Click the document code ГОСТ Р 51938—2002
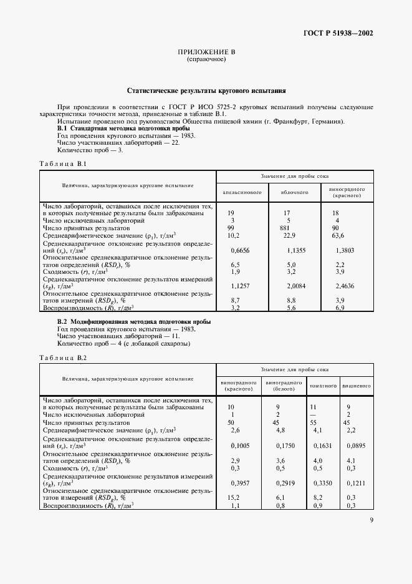coord(339,34)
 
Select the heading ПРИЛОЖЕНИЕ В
coord(206,52)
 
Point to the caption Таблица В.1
coord(63,163)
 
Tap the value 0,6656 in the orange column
coord(240,250)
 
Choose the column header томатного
coord(323,386)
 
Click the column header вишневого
coord(357,386)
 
